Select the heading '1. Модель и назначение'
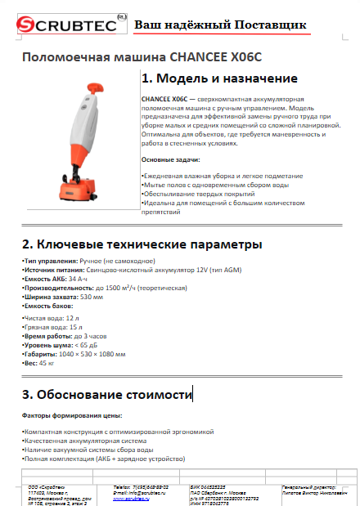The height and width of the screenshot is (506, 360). pos(218,78)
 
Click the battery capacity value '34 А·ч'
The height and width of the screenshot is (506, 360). pos(79,278)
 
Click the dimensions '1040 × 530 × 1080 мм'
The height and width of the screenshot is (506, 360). pos(91,355)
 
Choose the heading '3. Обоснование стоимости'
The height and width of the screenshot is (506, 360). pos(106,395)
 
